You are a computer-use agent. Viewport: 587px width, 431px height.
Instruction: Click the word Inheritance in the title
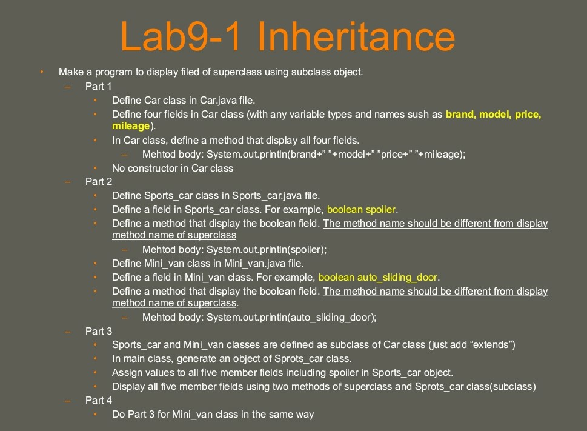(x=356, y=36)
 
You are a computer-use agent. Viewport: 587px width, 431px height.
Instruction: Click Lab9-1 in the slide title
(x=180, y=36)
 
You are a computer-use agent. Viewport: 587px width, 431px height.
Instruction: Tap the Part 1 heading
(x=99, y=86)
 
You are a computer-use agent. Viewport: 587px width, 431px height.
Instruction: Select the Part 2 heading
(x=99, y=181)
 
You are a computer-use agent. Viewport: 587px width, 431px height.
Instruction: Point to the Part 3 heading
(x=99, y=331)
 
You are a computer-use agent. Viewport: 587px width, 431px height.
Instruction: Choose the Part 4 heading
(x=99, y=400)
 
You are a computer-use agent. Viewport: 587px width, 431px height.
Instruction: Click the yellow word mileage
(x=131, y=126)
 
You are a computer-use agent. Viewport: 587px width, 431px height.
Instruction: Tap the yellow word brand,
(x=460, y=114)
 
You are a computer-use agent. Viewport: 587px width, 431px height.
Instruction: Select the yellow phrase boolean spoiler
(x=361, y=209)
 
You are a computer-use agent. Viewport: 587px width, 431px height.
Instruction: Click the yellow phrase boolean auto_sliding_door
(x=378, y=278)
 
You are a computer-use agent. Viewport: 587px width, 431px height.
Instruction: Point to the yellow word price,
(x=528, y=114)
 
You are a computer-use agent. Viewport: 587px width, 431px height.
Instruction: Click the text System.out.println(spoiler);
(x=267, y=249)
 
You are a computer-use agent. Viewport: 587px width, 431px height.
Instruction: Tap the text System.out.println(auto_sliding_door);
(x=291, y=318)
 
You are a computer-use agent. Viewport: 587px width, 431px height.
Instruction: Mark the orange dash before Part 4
(x=68, y=401)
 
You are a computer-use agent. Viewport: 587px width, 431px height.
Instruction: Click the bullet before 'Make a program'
(x=42, y=72)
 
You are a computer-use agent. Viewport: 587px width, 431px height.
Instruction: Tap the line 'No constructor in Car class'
(x=173, y=168)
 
